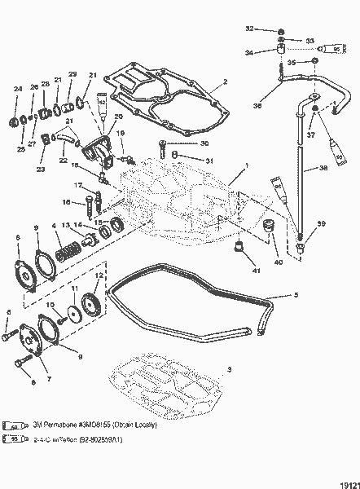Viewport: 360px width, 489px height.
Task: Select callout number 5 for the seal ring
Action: pos(295,294)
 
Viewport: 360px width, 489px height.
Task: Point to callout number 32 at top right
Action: pos(251,29)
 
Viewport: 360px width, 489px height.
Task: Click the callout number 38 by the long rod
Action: pos(323,169)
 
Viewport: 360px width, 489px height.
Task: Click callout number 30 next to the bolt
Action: pos(192,144)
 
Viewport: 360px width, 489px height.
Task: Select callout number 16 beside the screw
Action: pos(68,202)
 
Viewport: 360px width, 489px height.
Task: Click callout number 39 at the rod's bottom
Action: pos(321,224)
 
